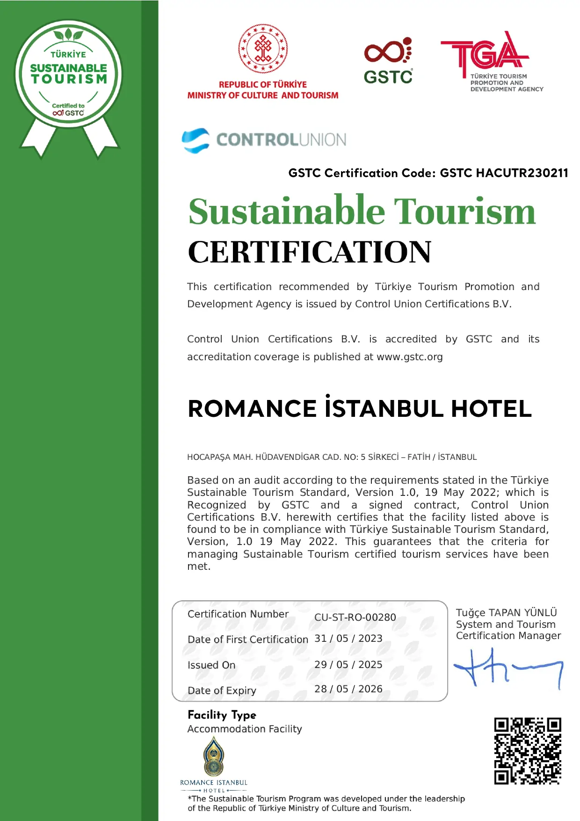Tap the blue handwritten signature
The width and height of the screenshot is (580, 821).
pyautogui.click(x=507, y=668)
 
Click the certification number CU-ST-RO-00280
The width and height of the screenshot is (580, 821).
pyautogui.click(x=355, y=618)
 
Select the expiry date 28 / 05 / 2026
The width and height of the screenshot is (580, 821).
pyautogui.click(x=348, y=689)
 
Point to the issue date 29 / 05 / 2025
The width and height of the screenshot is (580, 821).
pyautogui.click(x=348, y=665)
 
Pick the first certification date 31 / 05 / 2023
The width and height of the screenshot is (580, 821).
pyautogui.click(x=348, y=639)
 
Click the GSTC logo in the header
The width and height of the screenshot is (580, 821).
pyautogui.click(x=388, y=61)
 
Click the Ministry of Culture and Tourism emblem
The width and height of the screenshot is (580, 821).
pyautogui.click(x=263, y=49)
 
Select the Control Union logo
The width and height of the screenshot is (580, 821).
pyautogui.click(x=264, y=140)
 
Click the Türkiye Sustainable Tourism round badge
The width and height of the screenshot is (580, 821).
pyautogui.click(x=68, y=75)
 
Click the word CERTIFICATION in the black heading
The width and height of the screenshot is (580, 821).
pyautogui.click(x=310, y=252)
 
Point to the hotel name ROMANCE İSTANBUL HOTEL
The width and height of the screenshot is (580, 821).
pyautogui.click(x=359, y=408)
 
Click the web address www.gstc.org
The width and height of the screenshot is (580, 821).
pyautogui.click(x=410, y=357)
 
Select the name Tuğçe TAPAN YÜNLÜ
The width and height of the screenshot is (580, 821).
pyautogui.click(x=506, y=613)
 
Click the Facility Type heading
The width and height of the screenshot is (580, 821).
pyautogui.click(x=222, y=715)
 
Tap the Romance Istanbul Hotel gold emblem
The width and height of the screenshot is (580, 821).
pyautogui.click(x=214, y=757)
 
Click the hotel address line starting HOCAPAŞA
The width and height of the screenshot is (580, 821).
pyautogui.click(x=332, y=457)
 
